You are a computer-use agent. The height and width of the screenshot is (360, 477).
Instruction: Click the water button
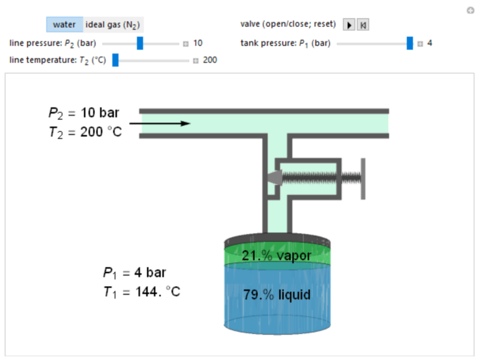(64, 25)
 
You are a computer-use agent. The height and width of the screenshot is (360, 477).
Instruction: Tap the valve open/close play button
(349, 25)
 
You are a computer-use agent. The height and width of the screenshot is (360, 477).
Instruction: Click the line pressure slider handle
(140, 43)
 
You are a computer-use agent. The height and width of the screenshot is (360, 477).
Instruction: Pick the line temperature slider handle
(116, 60)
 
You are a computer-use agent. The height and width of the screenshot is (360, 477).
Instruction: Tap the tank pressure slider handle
(410, 43)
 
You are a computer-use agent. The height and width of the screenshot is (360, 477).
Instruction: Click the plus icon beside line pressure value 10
(186, 43)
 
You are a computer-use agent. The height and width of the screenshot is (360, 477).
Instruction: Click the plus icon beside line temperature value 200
(196, 60)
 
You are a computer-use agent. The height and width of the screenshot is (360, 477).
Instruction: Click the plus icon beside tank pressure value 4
(420, 43)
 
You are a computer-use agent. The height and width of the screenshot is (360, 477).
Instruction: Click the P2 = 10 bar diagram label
(84, 113)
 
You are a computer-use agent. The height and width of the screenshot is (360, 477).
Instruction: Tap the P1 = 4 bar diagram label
(134, 272)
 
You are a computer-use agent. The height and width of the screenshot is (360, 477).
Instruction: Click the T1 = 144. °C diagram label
(142, 291)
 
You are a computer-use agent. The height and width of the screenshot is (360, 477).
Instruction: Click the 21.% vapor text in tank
(276, 255)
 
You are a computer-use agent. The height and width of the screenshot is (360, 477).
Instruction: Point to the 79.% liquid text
(277, 294)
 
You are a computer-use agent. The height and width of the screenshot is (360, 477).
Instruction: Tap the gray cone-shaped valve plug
(273, 178)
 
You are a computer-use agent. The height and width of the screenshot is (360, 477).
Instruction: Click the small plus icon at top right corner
(470, 10)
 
